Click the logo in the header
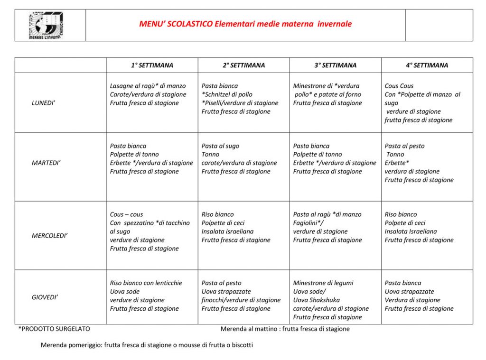tap(46, 25)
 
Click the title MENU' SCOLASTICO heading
tap(245, 24)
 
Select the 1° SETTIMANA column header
tap(152, 65)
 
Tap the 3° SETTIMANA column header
tap(335, 65)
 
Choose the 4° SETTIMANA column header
tap(427, 65)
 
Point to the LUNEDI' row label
tap(43, 103)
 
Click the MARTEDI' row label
tap(46, 163)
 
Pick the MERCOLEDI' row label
tap(49, 236)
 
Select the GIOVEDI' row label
tap(45, 297)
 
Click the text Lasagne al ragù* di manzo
tap(148, 86)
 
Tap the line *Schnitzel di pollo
tap(227, 94)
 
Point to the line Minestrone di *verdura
tap(326, 86)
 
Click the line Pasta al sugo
tap(220, 146)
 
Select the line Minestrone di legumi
tap(323, 283)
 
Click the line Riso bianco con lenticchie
tap(146, 283)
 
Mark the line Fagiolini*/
tap(308, 223)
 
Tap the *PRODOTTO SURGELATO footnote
tap(54, 329)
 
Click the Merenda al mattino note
tap(285, 329)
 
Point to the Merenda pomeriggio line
tap(147, 345)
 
